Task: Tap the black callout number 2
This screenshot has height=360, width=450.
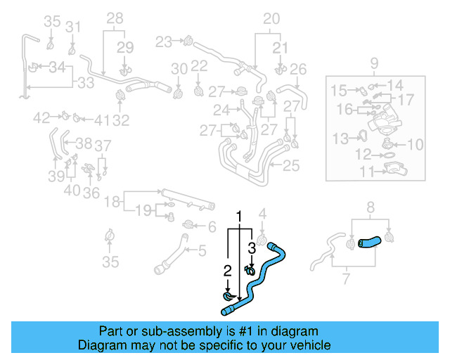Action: click(x=227, y=270)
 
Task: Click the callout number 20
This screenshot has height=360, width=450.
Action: click(x=271, y=18)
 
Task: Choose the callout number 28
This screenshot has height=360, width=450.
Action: click(x=115, y=18)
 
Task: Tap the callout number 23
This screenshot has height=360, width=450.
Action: click(x=164, y=42)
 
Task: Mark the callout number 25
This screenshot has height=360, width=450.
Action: click(x=290, y=166)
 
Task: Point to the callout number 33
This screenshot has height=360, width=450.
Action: click(x=85, y=83)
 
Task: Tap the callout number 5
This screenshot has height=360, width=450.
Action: click(x=201, y=250)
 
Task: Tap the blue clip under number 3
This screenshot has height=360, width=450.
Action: click(x=250, y=269)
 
